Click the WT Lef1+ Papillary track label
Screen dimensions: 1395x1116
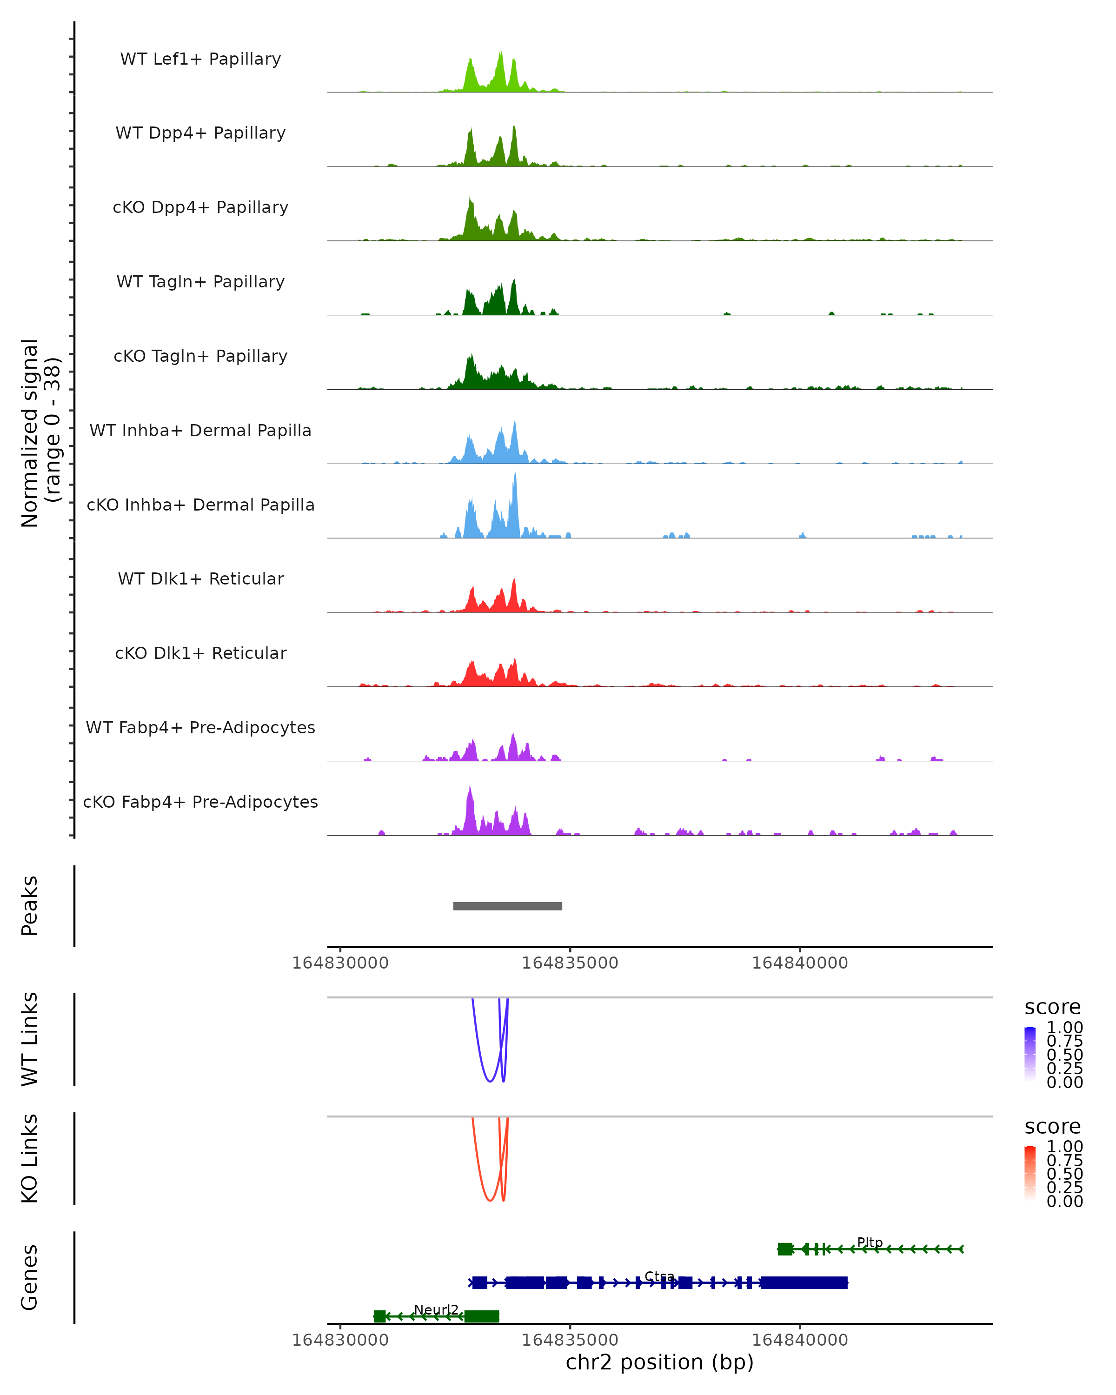[200, 60]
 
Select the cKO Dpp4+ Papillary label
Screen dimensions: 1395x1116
[200, 208]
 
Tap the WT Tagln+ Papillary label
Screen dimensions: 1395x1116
[200, 282]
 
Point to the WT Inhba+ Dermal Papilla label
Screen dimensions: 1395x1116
[200, 431]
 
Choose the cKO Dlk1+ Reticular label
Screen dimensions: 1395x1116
[200, 653]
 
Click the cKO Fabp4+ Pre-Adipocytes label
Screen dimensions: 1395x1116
[200, 802]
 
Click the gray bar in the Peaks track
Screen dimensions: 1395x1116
[507, 906]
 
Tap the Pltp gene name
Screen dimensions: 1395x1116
[870, 1242]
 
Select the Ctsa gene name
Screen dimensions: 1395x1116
[659, 1276]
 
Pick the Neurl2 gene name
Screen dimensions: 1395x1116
[436, 1310]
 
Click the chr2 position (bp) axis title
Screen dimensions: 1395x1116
[659, 1362]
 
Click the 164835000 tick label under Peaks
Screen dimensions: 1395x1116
[570, 963]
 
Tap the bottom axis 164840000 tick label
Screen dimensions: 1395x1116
[800, 1340]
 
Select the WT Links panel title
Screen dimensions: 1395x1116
[30, 1039]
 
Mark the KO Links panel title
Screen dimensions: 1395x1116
[30, 1158]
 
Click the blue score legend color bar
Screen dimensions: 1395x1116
[1030, 1053]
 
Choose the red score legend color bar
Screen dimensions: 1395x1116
[1030, 1172]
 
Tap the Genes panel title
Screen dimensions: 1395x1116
[30, 1277]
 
